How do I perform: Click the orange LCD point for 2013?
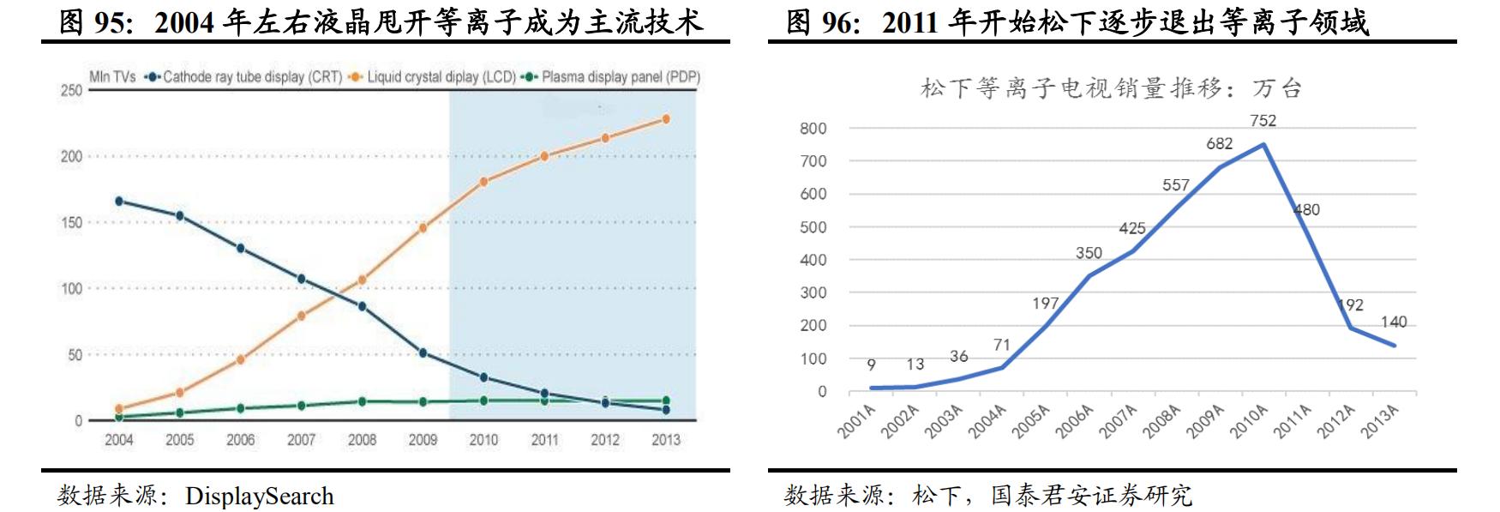click(x=666, y=119)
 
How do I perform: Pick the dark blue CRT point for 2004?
click(x=119, y=202)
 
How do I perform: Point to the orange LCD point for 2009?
click(x=423, y=228)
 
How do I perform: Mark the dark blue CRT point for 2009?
click(x=423, y=352)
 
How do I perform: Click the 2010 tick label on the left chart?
click(x=483, y=440)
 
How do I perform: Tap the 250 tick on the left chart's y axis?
click(x=71, y=90)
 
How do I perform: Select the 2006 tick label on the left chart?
click(x=241, y=440)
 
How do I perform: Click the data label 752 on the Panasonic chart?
click(x=1263, y=121)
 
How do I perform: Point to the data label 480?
click(x=1306, y=210)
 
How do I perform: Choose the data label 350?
click(x=1089, y=253)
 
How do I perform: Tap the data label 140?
click(x=1393, y=322)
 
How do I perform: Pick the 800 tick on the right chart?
click(x=813, y=129)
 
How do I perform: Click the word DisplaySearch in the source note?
click(x=259, y=496)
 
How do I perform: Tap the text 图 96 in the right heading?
click(x=823, y=22)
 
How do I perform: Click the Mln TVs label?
click(x=112, y=77)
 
